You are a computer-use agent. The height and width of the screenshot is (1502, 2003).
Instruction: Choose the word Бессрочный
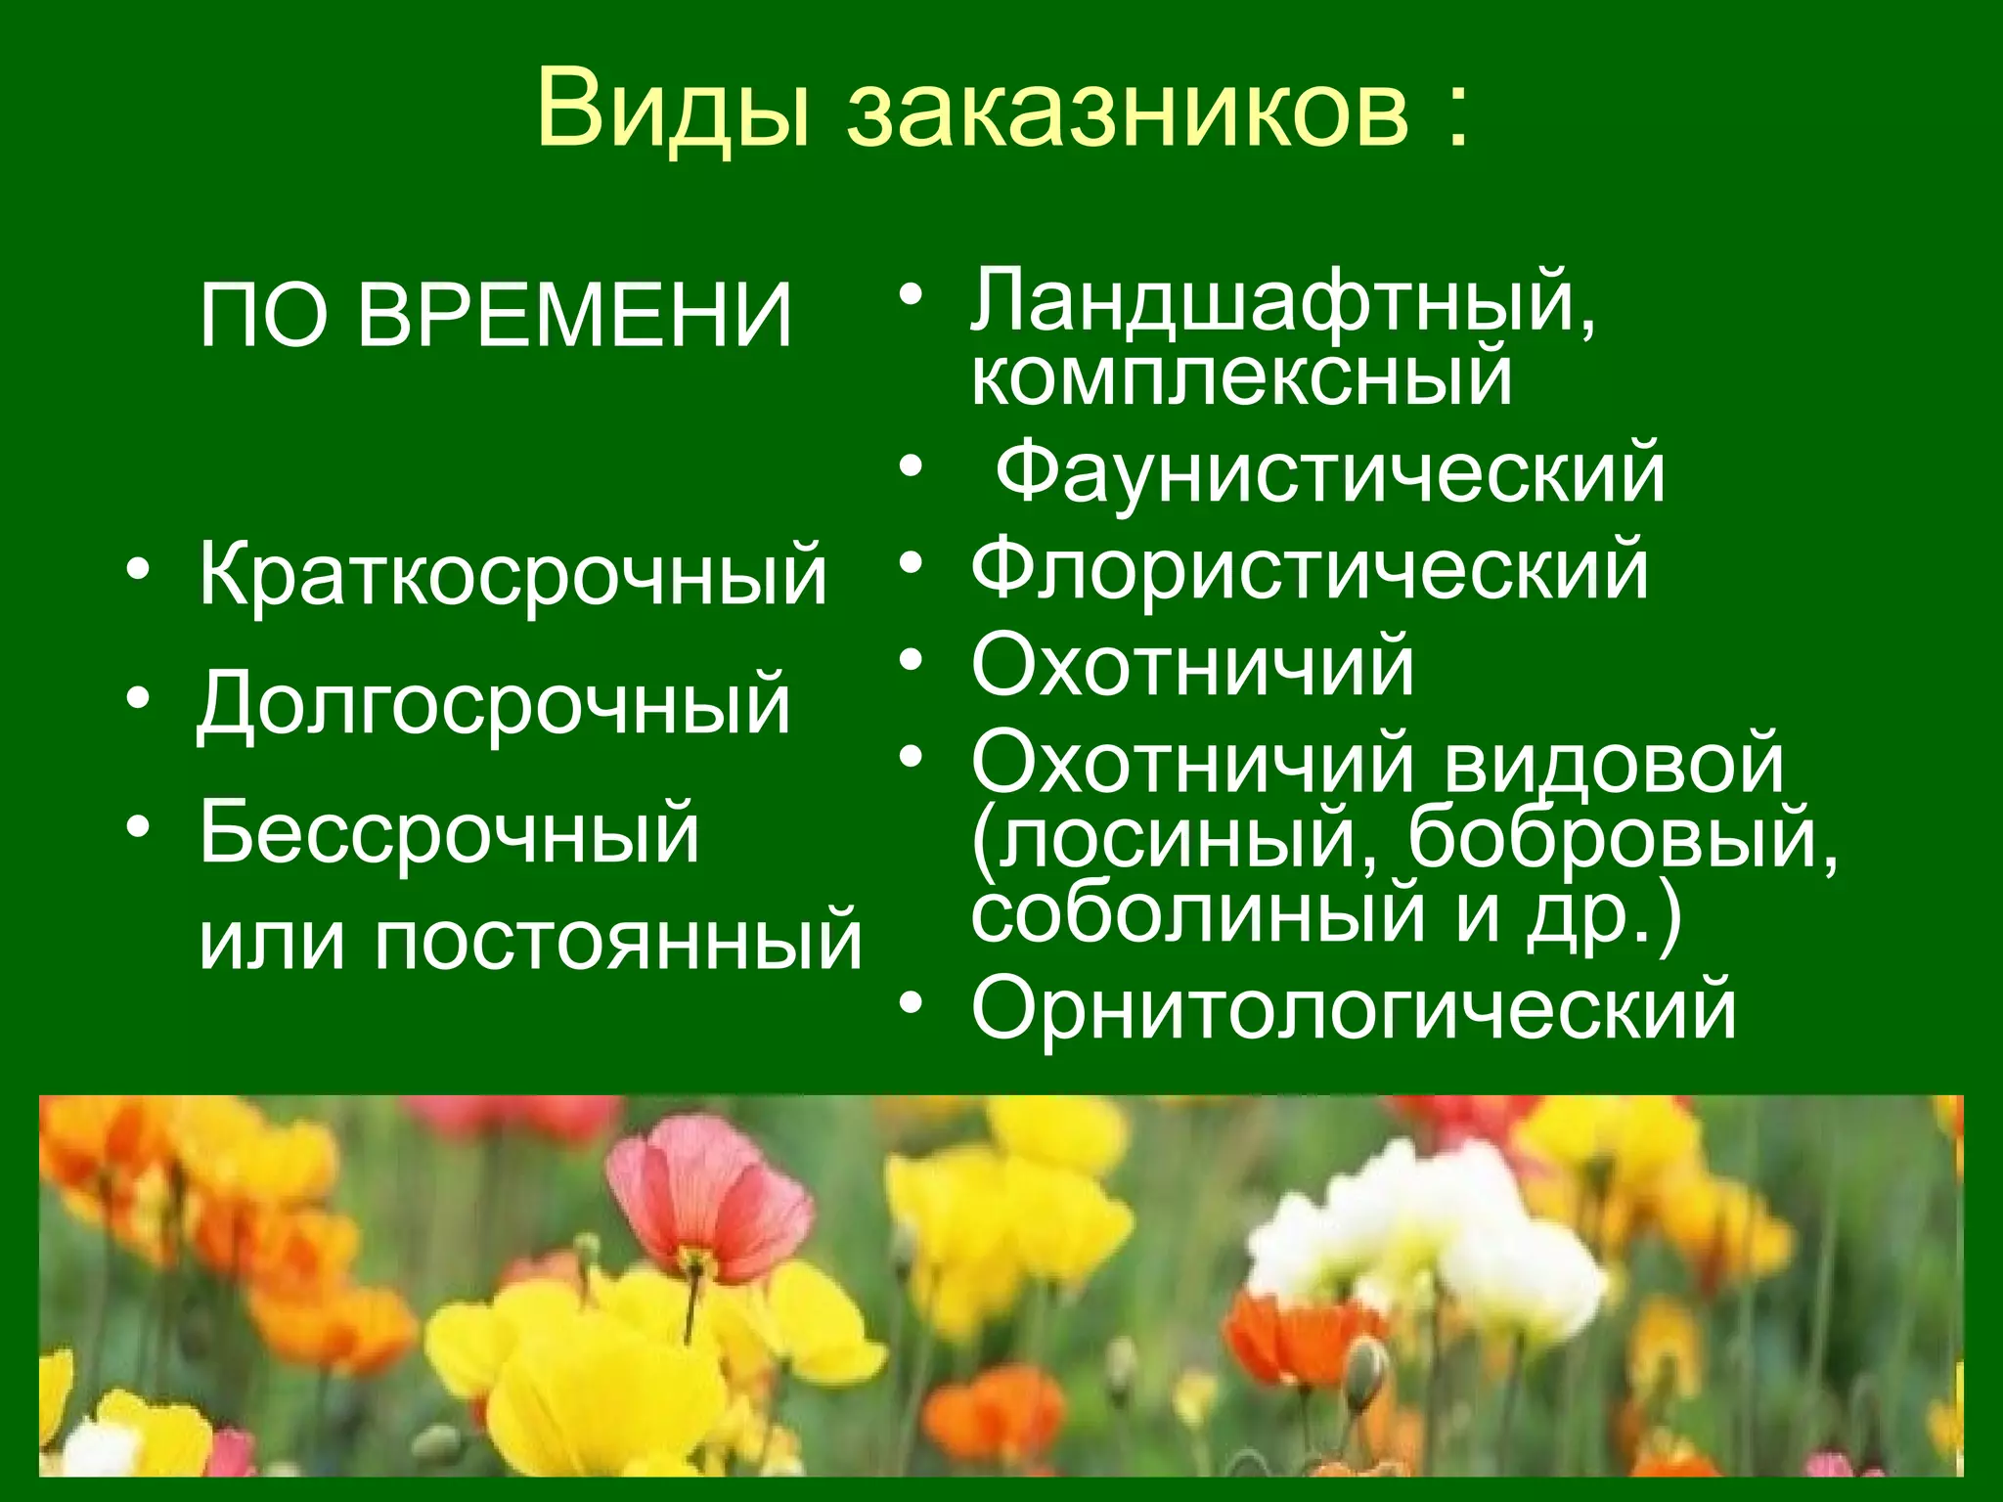[x=450, y=833]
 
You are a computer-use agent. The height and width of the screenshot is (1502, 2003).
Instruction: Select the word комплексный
[x=1240, y=376]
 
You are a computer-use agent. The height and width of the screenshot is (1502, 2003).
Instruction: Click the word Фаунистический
[x=1330, y=473]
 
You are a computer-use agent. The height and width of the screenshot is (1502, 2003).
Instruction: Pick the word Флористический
[x=1310, y=570]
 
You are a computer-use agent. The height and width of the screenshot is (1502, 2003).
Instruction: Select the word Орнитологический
[x=1354, y=1009]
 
